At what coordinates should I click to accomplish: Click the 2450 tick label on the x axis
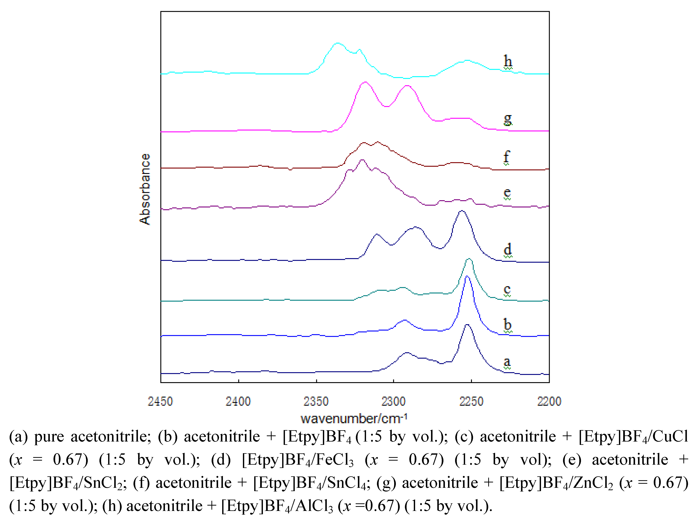(x=160, y=401)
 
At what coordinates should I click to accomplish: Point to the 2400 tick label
(x=238, y=401)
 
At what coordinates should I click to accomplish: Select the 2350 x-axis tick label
(x=316, y=401)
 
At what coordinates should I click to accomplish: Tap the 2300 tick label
(x=394, y=401)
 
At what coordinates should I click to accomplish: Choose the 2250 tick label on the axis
(x=471, y=401)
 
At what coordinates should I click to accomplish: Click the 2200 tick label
(x=549, y=401)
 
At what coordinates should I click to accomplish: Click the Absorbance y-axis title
(x=145, y=189)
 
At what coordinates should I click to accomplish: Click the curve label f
(x=506, y=157)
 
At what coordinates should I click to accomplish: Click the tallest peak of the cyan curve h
(x=338, y=43)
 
